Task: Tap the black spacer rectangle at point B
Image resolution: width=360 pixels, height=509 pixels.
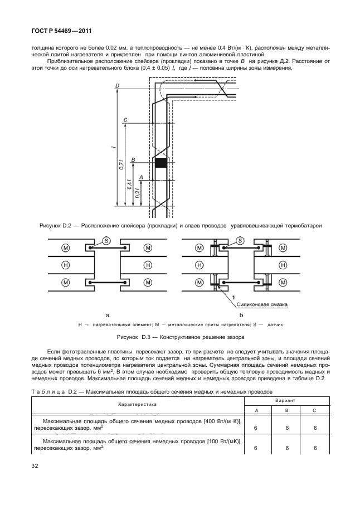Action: pyautogui.click(x=160, y=163)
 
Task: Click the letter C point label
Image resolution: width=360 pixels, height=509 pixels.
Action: pyautogui.click(x=125, y=120)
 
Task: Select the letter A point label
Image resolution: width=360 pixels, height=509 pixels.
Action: pyautogui.click(x=141, y=176)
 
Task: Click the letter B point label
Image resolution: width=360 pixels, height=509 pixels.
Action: pyautogui.click(x=133, y=159)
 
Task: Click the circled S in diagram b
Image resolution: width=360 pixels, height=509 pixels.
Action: pyautogui.click(x=240, y=240)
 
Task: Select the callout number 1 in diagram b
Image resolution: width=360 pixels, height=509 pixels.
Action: pyautogui.click(x=234, y=299)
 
